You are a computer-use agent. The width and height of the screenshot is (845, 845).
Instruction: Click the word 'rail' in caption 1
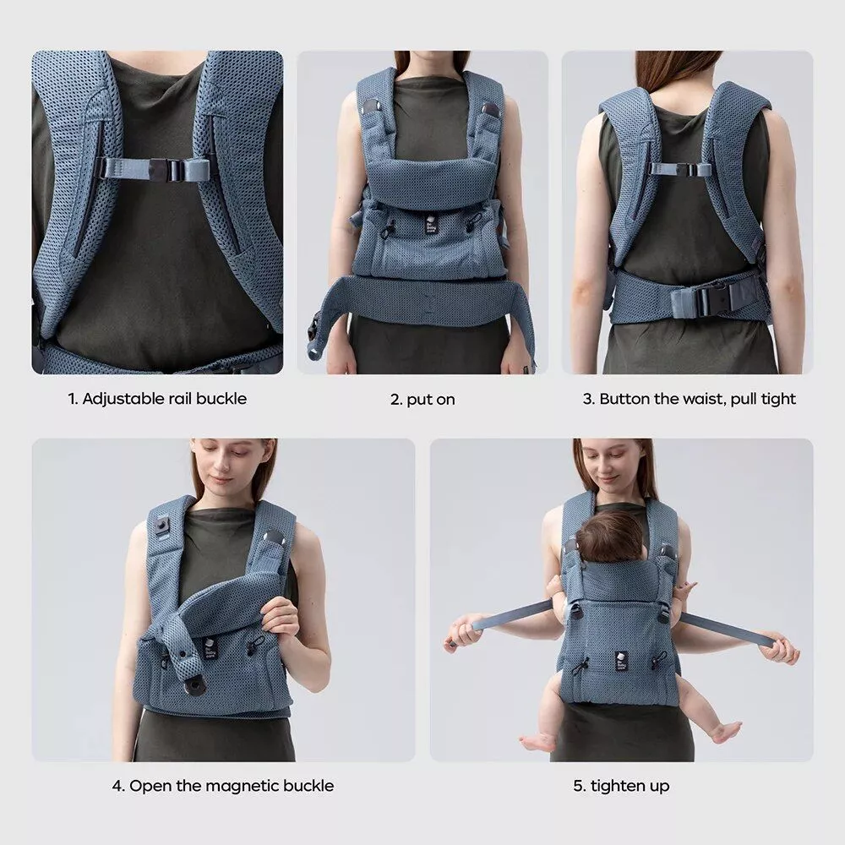click(x=180, y=399)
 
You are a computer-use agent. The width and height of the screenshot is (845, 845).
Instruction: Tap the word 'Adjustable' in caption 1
click(x=123, y=400)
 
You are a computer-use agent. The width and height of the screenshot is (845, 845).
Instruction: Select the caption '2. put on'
click(x=422, y=400)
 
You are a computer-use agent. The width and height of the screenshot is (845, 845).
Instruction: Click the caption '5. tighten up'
click(x=621, y=786)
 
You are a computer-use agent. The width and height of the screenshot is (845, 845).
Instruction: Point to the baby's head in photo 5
click(x=609, y=537)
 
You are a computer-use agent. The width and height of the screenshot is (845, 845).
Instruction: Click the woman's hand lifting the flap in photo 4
click(x=279, y=619)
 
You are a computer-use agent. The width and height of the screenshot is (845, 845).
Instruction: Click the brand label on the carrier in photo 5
click(x=621, y=661)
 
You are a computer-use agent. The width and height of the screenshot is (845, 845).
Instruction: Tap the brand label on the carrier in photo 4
click(x=209, y=648)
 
